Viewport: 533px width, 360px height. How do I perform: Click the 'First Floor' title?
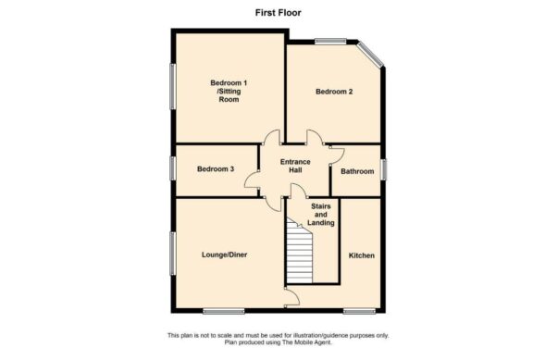point(266,14)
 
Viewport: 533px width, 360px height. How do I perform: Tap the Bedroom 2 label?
point(333,92)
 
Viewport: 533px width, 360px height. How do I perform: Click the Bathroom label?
point(357,171)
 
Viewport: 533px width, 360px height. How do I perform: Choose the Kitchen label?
point(361,254)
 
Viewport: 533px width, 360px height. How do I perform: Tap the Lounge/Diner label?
point(224,254)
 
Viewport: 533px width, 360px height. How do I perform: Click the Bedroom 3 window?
point(172,169)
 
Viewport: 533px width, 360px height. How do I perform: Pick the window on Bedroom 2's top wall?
point(329,40)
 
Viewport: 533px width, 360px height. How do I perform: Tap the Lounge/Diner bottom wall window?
point(223,309)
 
